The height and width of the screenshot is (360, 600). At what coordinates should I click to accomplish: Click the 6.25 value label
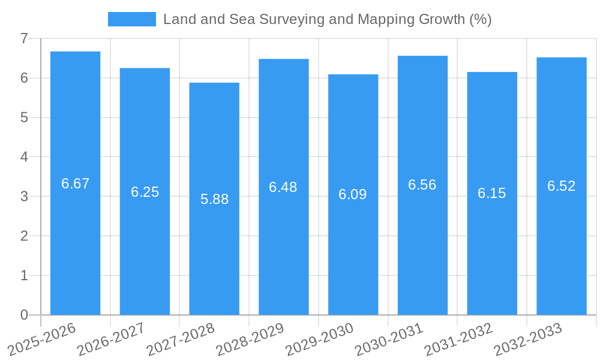point(145,192)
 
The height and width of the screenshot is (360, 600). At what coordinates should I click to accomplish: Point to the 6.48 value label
point(283,187)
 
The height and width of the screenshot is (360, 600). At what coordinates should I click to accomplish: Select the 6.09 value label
point(353,194)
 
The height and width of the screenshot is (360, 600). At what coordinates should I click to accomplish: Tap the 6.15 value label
point(492,193)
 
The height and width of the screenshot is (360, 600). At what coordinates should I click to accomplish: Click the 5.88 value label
point(214,199)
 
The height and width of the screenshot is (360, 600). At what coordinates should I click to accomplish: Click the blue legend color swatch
point(131,19)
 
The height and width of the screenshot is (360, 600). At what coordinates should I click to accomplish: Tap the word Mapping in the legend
point(382,19)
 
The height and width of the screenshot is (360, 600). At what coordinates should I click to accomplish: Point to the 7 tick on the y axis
point(24,38)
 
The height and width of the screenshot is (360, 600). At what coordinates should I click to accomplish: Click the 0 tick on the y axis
point(24,315)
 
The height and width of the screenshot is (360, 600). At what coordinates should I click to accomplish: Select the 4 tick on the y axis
point(24,157)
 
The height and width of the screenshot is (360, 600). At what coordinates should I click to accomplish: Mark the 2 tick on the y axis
point(24,236)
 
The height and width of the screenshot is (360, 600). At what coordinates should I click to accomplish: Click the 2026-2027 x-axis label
point(112,338)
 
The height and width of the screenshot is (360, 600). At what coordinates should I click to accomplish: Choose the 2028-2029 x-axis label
point(250,338)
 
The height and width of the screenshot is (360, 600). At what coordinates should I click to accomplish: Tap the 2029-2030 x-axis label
point(320,338)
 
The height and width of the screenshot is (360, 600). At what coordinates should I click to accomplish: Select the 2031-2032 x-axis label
point(459,338)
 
